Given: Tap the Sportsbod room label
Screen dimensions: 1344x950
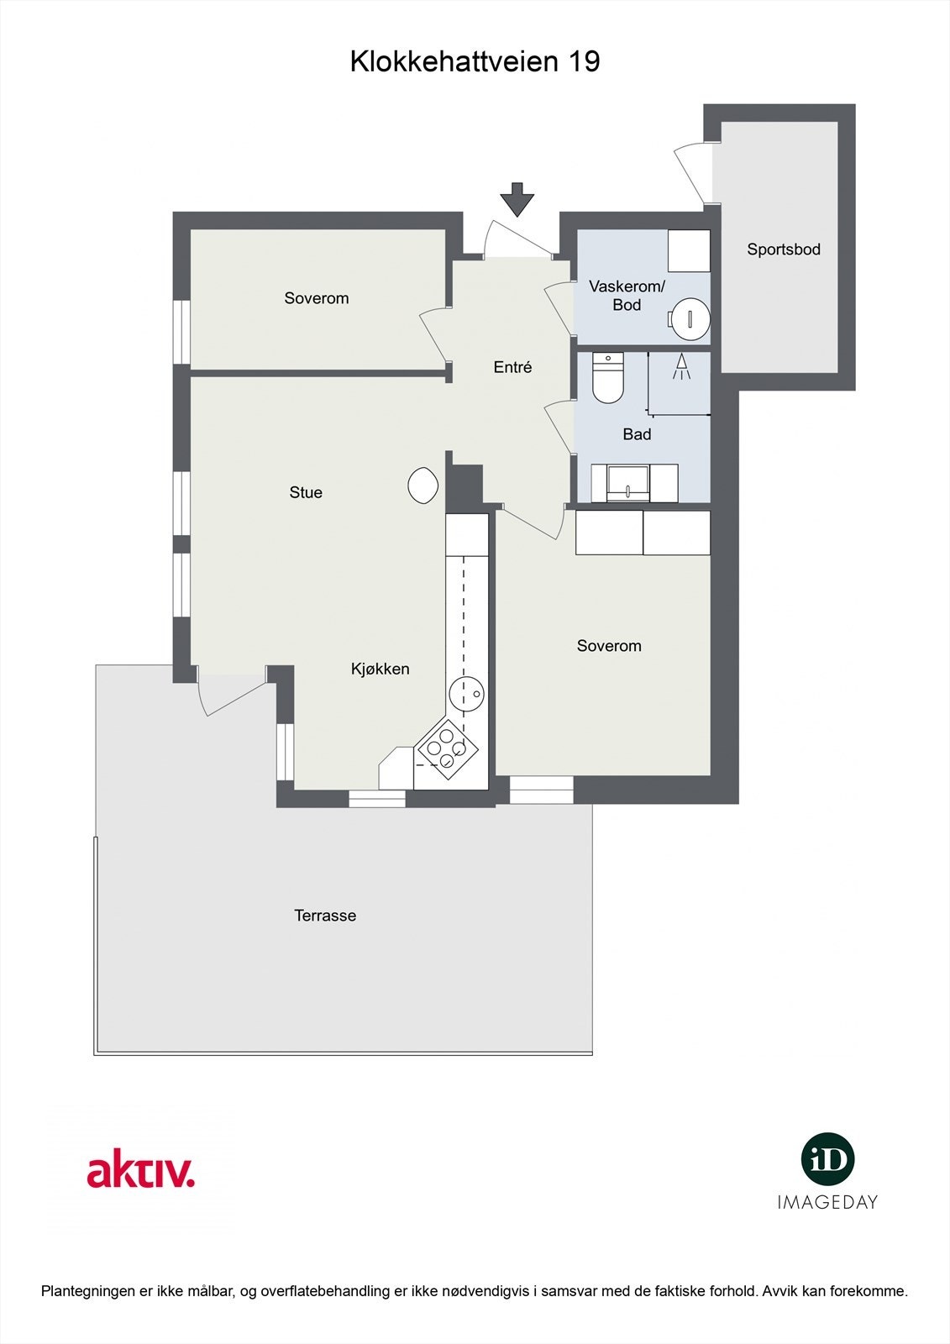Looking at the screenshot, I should coord(784,249).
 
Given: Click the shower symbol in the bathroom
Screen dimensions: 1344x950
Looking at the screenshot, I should coord(681,368).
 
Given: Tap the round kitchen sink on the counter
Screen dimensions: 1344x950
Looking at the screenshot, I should coord(465,694).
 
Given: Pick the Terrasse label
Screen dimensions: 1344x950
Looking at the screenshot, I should coord(325,916).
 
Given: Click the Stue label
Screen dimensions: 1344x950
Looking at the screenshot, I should coord(306,493).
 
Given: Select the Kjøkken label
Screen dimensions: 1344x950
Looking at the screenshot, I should coord(380,669).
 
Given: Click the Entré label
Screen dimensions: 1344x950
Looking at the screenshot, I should coord(512,367).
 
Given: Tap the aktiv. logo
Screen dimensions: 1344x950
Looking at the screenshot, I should coord(141,1172).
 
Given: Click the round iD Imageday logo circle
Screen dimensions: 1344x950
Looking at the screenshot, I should coord(827,1159).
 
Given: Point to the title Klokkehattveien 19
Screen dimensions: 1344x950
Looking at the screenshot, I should coord(475,61).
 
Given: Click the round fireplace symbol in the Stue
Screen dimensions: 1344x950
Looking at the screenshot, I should coord(423,486).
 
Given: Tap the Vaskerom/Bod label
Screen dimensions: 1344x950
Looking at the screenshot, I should coord(627,296).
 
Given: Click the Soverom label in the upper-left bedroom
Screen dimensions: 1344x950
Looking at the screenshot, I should coord(316,298).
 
